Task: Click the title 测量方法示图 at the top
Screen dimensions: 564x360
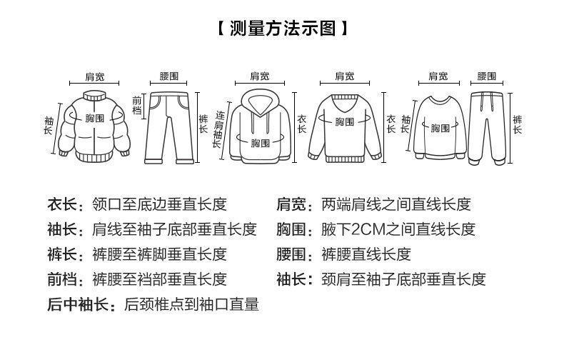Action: (x=282, y=29)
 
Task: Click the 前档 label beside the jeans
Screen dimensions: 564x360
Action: (x=137, y=106)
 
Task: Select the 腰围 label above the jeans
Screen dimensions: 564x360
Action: (x=169, y=76)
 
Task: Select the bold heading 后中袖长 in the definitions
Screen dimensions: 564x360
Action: (x=78, y=305)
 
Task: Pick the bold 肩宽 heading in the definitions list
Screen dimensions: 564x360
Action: (x=291, y=205)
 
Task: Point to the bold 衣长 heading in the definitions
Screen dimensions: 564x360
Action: (x=62, y=205)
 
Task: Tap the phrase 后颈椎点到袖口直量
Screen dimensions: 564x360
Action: (x=191, y=305)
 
